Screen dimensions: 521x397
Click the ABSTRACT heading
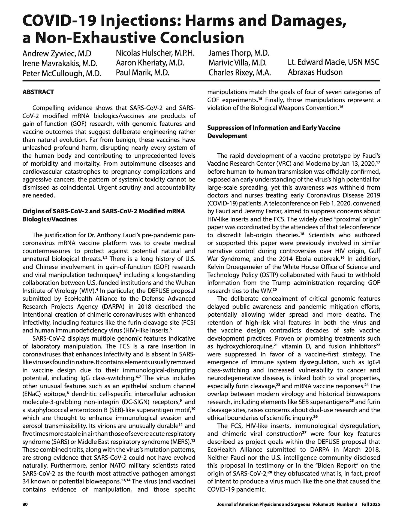[38, 92]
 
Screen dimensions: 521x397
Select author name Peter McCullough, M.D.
[62, 74]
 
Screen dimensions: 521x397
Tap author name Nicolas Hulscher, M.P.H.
[155, 53]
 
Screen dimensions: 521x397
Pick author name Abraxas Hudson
[315, 72]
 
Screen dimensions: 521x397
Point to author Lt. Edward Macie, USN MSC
[333, 62]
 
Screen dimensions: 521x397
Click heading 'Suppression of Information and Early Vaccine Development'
[274, 132]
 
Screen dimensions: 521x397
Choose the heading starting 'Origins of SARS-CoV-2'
[104, 215]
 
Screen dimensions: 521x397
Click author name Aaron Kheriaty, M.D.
[150, 63]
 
